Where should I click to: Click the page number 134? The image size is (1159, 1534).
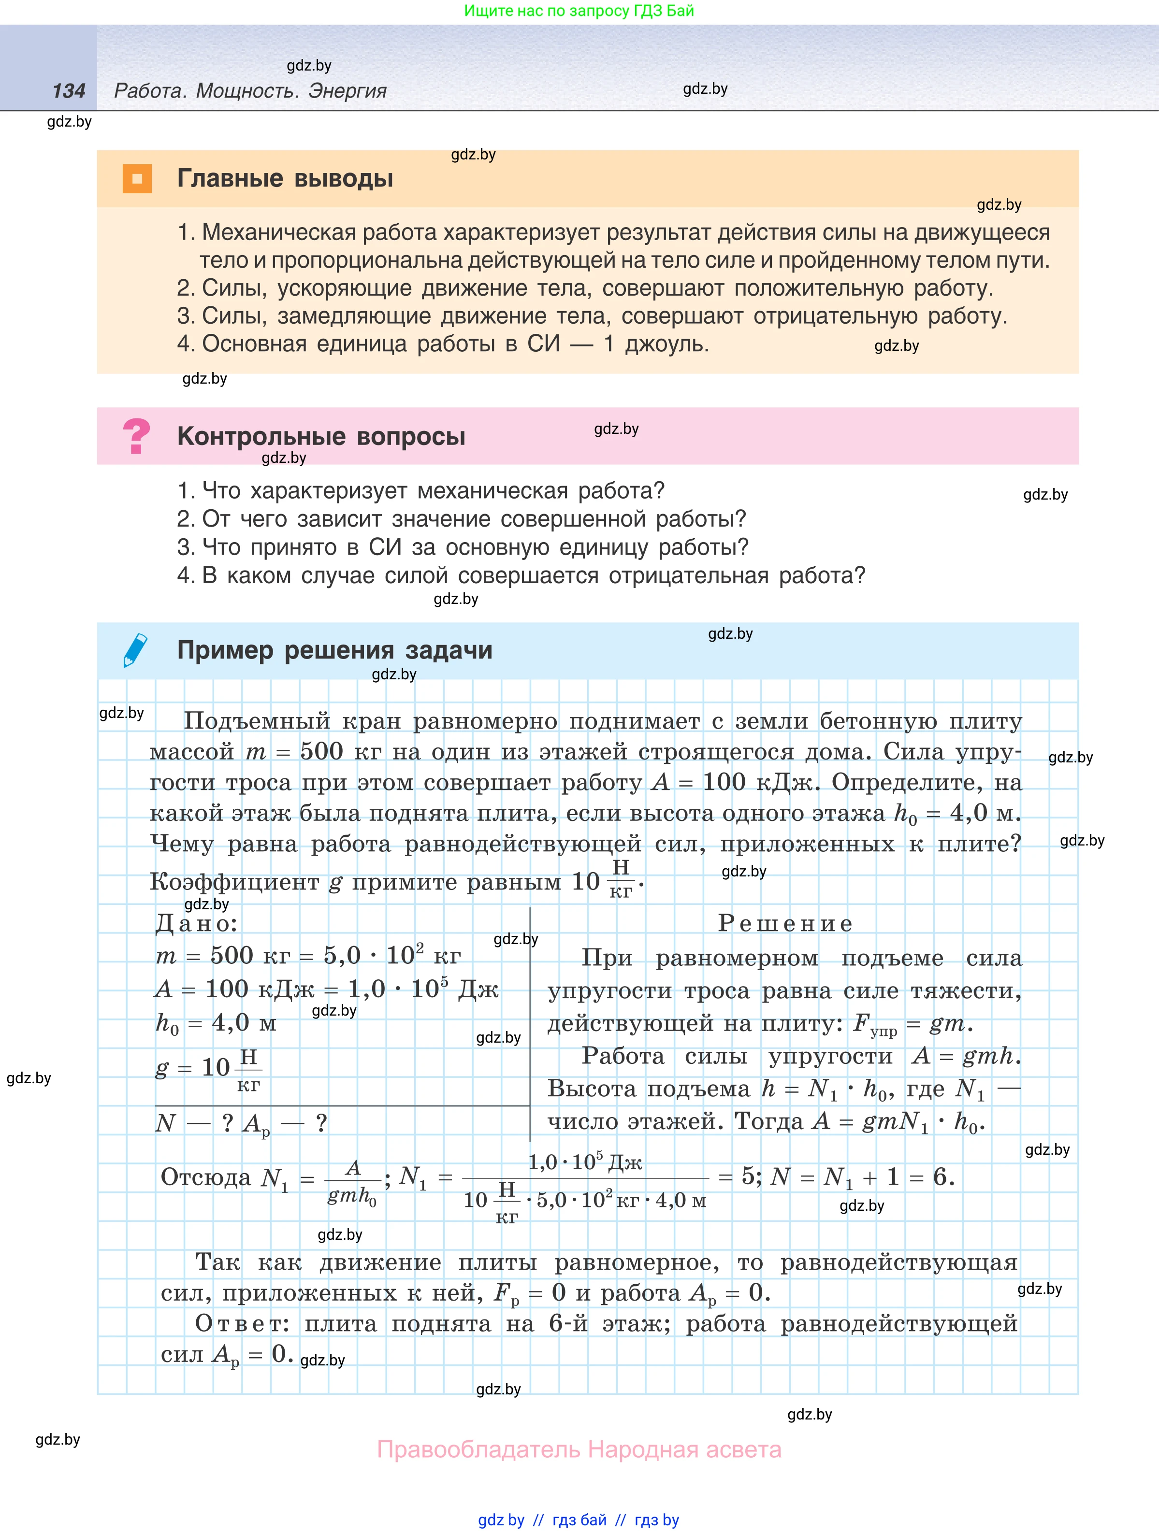click(x=69, y=91)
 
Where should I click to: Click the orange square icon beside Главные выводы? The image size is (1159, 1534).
click(x=137, y=178)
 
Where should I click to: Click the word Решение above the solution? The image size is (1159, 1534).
click(x=784, y=923)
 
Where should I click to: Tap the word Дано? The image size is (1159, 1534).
click(x=196, y=923)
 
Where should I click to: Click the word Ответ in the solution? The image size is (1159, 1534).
click(x=241, y=1323)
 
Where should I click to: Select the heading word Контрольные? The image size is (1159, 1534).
click(x=261, y=436)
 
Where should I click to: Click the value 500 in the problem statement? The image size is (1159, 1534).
click(x=322, y=751)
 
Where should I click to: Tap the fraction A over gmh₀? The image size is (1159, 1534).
click(x=352, y=1182)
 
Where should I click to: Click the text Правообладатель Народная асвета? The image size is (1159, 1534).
click(x=579, y=1449)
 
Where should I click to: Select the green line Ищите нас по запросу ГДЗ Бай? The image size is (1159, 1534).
click(x=579, y=11)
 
